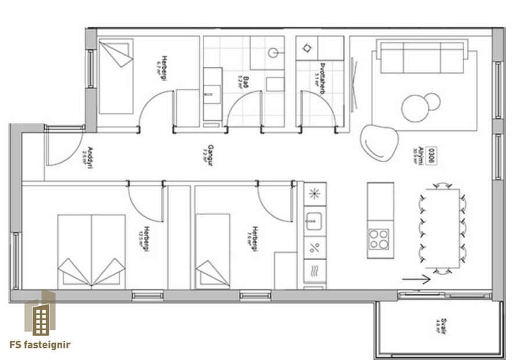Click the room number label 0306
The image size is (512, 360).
(x=432, y=155)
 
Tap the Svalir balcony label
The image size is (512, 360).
(x=443, y=326)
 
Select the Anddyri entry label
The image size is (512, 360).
(x=88, y=157)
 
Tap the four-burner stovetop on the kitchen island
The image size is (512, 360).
(x=379, y=239)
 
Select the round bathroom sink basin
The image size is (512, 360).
(x=274, y=52)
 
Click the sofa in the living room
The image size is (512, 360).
(x=422, y=56)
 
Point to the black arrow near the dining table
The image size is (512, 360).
(x=416, y=279)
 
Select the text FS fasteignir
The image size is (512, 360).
(x=40, y=345)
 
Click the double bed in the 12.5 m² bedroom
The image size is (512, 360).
(x=91, y=251)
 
